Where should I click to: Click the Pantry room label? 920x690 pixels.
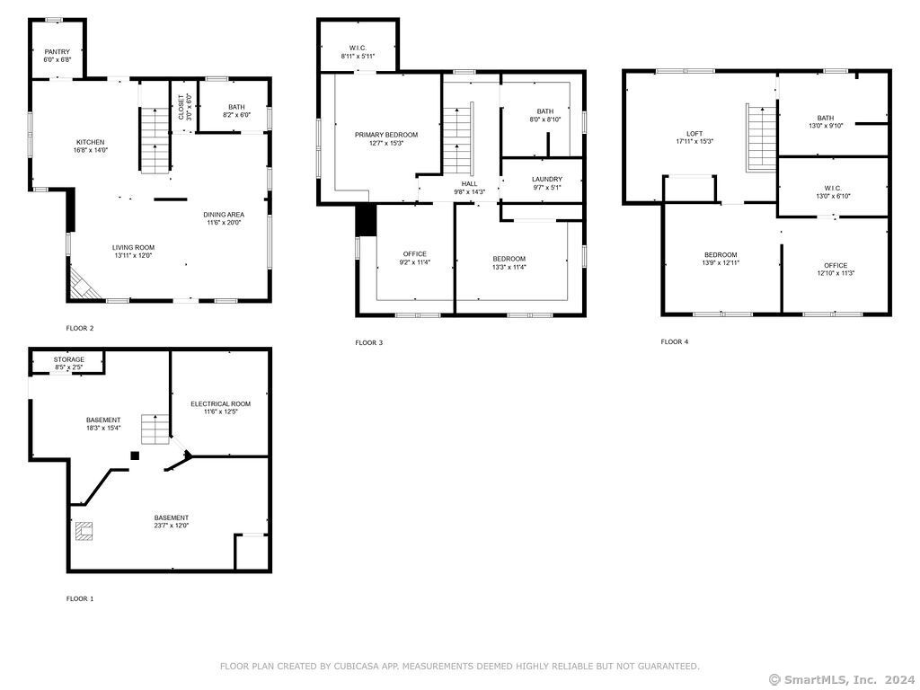pos(57,52)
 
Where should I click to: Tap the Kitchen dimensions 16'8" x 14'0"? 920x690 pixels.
pos(91,150)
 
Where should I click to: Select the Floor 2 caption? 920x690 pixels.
pos(80,329)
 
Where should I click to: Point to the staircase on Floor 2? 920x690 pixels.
pos(155,140)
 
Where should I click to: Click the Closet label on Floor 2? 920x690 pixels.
pos(181,108)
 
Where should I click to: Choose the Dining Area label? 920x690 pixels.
pos(224,215)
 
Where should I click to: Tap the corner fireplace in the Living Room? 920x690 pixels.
pos(82,284)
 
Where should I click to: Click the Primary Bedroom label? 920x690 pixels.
pos(386,135)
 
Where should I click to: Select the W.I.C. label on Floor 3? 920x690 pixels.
pos(358,49)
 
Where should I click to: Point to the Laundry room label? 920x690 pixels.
pos(547,180)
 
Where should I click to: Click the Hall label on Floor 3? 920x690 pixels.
pos(469,184)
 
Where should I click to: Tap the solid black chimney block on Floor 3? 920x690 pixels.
pos(367,220)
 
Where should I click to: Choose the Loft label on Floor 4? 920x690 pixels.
pos(694,134)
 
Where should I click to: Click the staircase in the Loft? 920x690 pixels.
pos(762,137)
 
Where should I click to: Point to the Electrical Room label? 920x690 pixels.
pos(221,404)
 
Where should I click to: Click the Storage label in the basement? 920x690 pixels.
pos(68,359)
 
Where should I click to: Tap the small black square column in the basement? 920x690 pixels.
pos(135,456)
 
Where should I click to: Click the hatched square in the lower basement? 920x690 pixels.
pos(84,531)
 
